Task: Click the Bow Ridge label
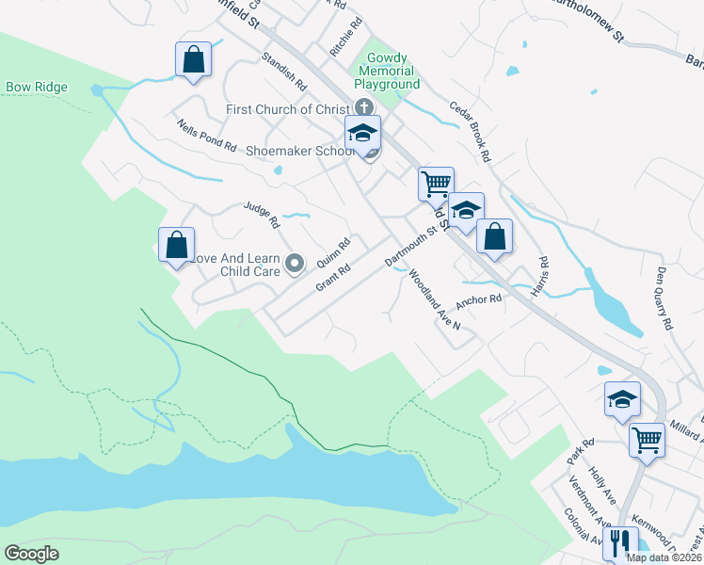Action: coord(37,88)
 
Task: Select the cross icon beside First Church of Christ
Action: coord(363,109)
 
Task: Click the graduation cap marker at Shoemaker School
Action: coord(362,135)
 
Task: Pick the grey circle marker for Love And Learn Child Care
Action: coord(295,264)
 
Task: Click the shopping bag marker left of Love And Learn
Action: coord(176,246)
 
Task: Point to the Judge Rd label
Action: coord(262,216)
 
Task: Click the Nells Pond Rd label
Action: coord(206,137)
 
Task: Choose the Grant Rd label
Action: coord(333,277)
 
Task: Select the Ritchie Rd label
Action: coord(345,41)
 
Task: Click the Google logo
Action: coord(31,554)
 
